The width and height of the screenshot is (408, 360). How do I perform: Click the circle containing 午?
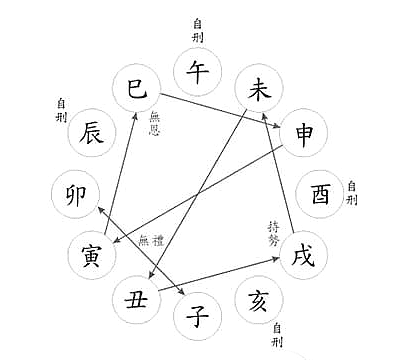(198, 72)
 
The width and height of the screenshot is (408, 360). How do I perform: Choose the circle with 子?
(197, 317)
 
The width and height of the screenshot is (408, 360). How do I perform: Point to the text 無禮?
(148, 240)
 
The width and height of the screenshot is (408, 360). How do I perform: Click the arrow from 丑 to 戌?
(215, 274)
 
